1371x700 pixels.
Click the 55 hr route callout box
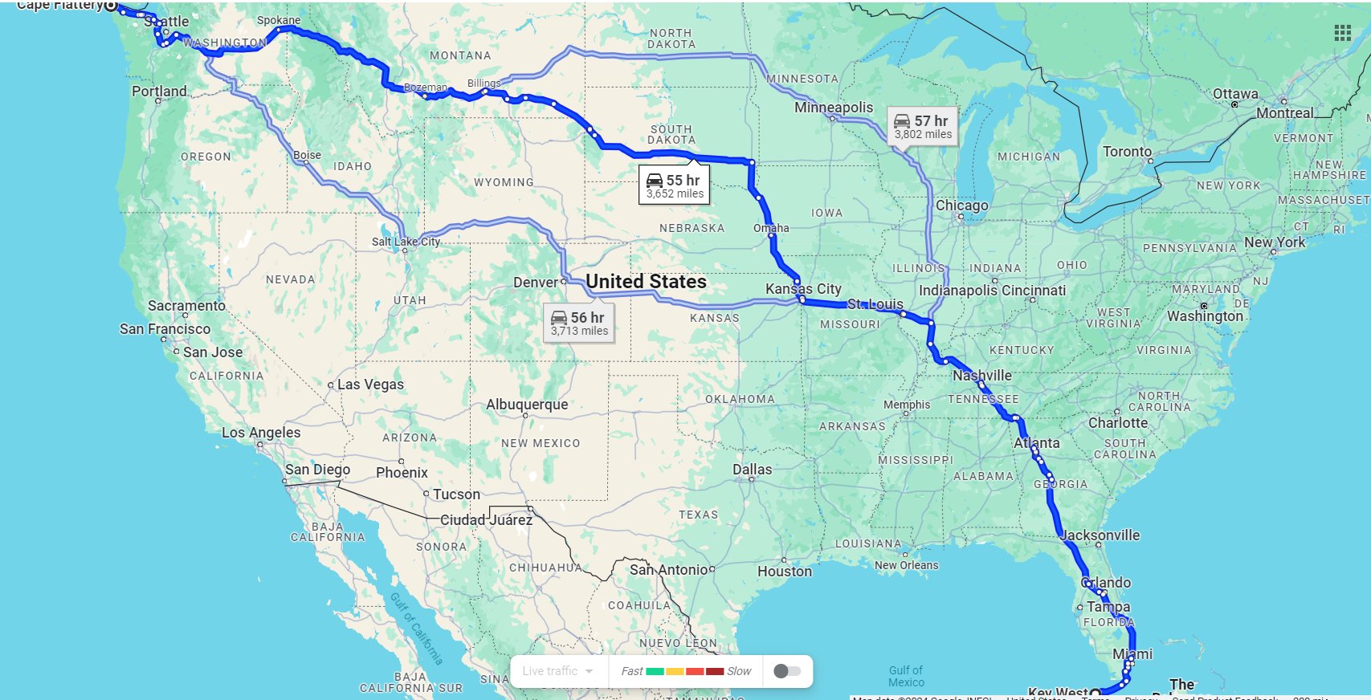(674, 186)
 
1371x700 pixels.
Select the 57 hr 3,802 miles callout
(922, 127)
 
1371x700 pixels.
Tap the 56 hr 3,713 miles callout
(578, 324)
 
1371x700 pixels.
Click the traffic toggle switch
(787, 671)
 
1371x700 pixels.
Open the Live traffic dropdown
(557, 671)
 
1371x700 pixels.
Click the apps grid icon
(1342, 33)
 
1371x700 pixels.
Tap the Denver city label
(535, 283)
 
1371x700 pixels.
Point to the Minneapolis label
(833, 108)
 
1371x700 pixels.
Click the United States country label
(646, 282)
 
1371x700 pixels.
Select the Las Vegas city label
(370, 385)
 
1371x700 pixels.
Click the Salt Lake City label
(406, 242)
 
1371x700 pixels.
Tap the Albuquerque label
(527, 405)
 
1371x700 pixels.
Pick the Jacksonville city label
(1100, 535)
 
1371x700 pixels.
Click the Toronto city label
(1127, 152)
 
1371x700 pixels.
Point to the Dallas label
(752, 470)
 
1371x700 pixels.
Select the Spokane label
(279, 20)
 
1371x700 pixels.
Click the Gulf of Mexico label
(906, 676)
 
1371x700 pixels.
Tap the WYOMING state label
(504, 182)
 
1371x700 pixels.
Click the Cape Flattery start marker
(111, 6)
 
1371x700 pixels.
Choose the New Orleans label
(906, 565)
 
